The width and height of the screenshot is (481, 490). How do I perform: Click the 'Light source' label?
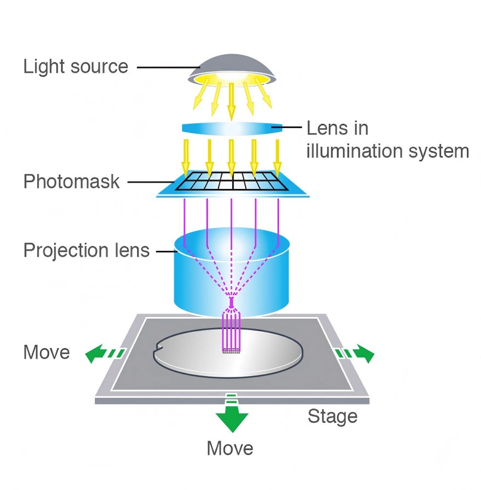pyautogui.click(x=75, y=67)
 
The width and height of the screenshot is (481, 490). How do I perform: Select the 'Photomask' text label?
pyautogui.click(x=71, y=181)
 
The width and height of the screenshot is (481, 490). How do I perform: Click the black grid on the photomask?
pyautogui.click(x=233, y=181)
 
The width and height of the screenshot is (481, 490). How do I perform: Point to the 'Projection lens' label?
pyautogui.click(x=87, y=251)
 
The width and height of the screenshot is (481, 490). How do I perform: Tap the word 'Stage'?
pyautogui.click(x=332, y=416)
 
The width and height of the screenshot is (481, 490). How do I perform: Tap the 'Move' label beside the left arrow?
pyautogui.click(x=47, y=353)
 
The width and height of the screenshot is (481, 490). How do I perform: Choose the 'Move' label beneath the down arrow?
pyautogui.click(x=230, y=448)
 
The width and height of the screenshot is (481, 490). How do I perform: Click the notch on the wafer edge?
pyautogui.click(x=158, y=346)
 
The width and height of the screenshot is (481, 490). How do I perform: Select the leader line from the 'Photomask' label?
pyautogui.click(x=148, y=181)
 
